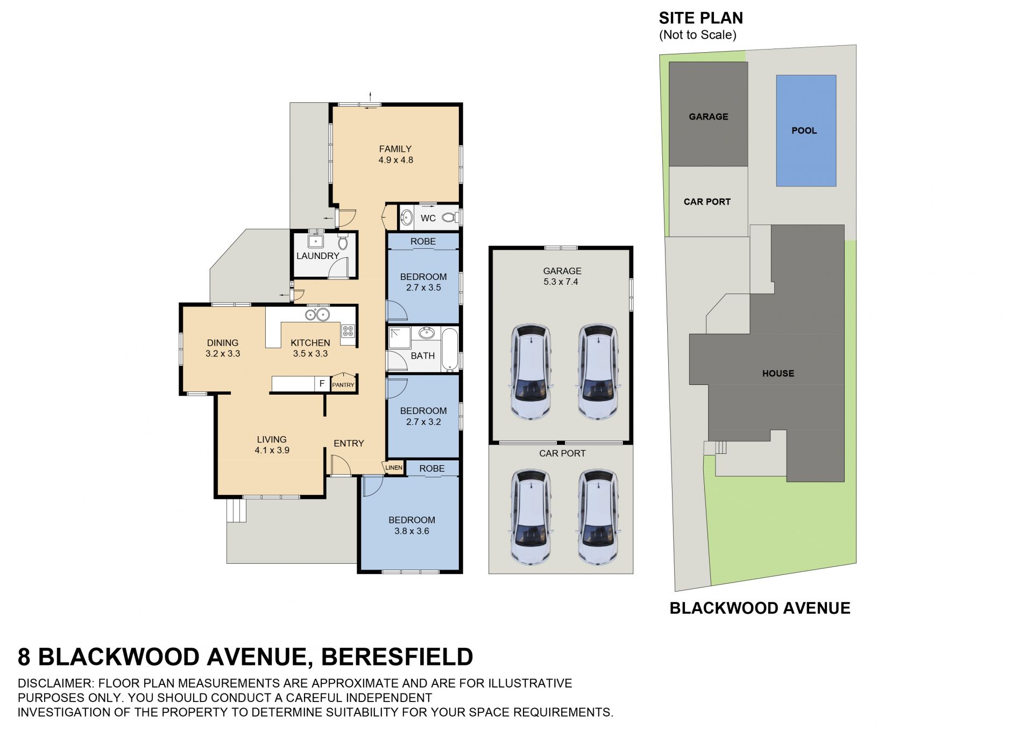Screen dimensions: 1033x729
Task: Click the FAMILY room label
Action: pyautogui.click(x=395, y=149)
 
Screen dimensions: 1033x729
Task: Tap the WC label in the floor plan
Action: pyautogui.click(x=428, y=218)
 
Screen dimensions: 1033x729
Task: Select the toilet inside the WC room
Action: pyautogui.click(x=449, y=218)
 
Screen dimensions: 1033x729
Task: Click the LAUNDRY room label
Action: pyautogui.click(x=318, y=256)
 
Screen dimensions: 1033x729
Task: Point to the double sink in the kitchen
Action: pyautogui.click(x=317, y=315)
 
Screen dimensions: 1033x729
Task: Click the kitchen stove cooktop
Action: pyautogui.click(x=348, y=331)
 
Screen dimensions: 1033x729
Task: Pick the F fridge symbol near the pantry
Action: pyautogui.click(x=322, y=383)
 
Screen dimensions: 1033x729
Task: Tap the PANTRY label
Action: pyautogui.click(x=343, y=385)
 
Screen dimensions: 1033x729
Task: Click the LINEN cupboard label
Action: pyautogui.click(x=394, y=467)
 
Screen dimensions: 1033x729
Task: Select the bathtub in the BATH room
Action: pyautogui.click(x=450, y=349)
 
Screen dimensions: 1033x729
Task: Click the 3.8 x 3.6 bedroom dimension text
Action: pyautogui.click(x=412, y=531)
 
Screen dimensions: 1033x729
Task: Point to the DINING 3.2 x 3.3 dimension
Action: pyautogui.click(x=223, y=354)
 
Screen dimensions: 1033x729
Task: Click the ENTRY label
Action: pyautogui.click(x=349, y=443)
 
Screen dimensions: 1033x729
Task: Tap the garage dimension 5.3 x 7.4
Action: pyautogui.click(x=561, y=282)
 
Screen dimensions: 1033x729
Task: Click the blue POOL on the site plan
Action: pyautogui.click(x=806, y=131)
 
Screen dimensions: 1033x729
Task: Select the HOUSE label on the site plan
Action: pyautogui.click(x=778, y=373)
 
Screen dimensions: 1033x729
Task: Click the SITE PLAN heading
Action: pyautogui.click(x=701, y=18)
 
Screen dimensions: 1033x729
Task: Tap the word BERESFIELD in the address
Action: pyautogui.click(x=397, y=657)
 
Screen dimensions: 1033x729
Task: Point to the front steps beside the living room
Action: pyautogui.click(x=236, y=510)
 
